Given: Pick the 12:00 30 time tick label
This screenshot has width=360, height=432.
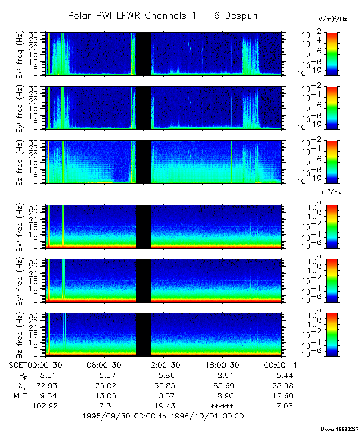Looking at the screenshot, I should (164, 365).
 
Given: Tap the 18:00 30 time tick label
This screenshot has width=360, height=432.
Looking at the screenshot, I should (224, 365).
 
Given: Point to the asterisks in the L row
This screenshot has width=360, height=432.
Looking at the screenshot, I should (222, 406).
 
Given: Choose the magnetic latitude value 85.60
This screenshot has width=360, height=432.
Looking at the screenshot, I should (222, 385).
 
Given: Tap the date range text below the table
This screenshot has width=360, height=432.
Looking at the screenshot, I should (163, 416).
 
